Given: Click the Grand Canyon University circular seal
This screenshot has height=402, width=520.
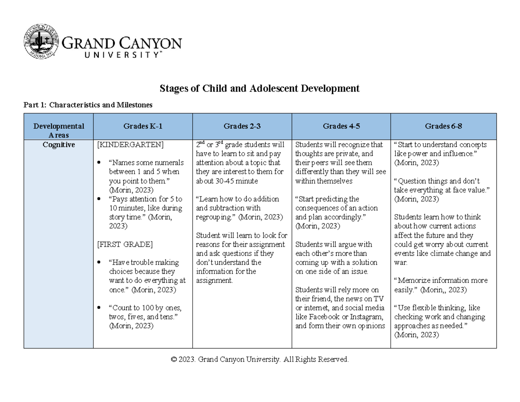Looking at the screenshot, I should point(39,42).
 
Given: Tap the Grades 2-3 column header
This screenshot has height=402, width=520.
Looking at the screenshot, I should point(242,127).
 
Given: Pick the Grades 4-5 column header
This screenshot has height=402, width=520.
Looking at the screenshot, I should point(341,127).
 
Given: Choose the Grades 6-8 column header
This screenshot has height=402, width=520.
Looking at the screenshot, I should point(443,127).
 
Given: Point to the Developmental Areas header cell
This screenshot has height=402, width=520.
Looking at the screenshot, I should point(58,131).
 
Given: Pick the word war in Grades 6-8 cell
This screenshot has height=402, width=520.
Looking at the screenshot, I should point(399,263).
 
